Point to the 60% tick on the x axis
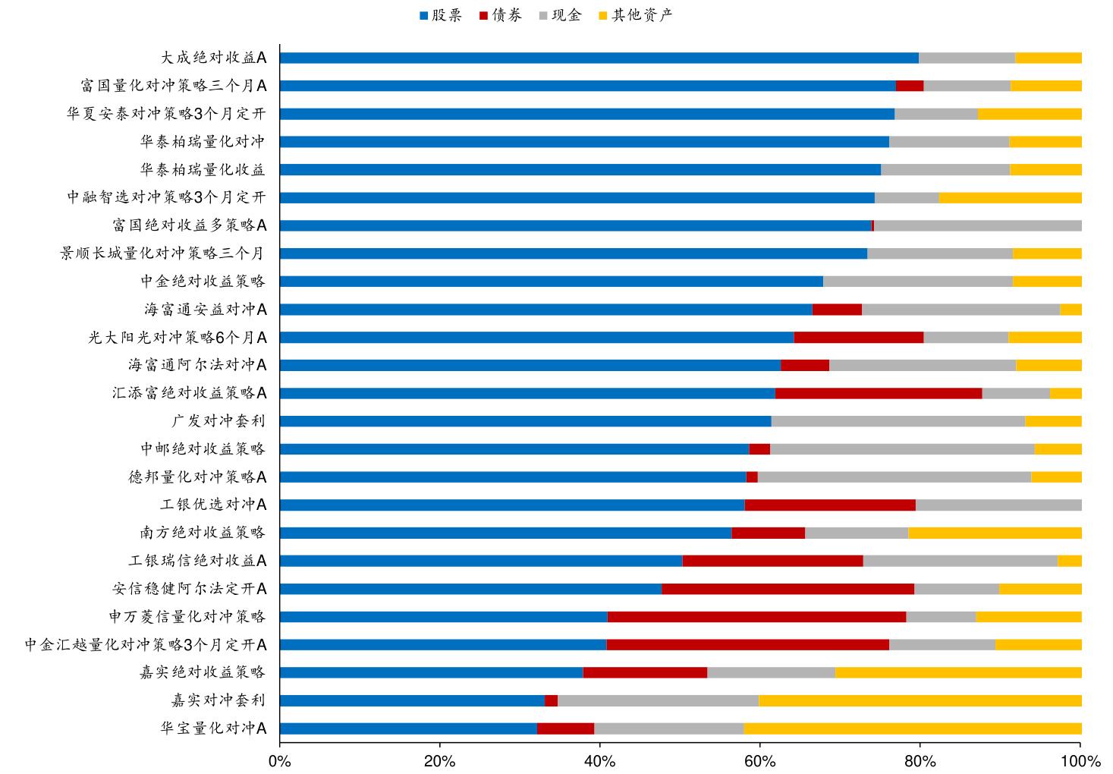click(760, 761)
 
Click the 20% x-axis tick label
click(440, 761)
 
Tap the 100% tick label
click(1080, 761)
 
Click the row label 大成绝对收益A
click(213, 58)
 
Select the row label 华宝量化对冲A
click(213, 728)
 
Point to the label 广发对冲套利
click(219, 421)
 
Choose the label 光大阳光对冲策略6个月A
click(178, 338)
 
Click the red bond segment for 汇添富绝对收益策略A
click(878, 393)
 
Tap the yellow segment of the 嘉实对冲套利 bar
click(920, 700)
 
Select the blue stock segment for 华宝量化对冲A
click(408, 728)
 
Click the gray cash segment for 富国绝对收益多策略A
click(977, 225)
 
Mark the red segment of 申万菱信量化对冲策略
click(756, 617)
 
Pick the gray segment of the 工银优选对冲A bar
click(998, 505)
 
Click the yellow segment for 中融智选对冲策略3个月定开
click(1010, 197)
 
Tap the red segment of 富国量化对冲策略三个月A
click(910, 86)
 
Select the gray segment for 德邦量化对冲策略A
click(894, 477)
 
